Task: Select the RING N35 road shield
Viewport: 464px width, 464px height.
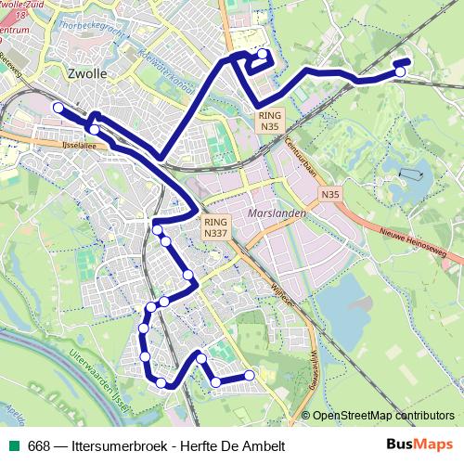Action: (269, 119)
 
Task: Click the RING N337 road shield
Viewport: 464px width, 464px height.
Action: (215, 227)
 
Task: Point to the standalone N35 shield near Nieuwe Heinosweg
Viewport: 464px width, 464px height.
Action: (331, 195)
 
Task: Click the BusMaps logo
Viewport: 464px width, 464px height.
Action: (419, 445)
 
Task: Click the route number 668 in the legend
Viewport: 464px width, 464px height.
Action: (39, 445)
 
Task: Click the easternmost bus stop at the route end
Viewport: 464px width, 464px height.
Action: (400, 71)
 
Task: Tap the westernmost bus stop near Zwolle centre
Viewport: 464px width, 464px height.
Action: (58, 109)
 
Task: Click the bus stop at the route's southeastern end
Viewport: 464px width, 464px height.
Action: (249, 375)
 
